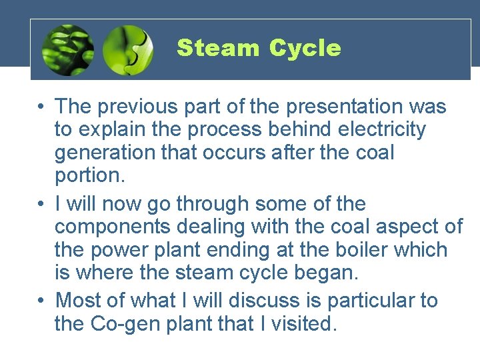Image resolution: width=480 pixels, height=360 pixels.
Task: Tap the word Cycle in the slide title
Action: coord(305,48)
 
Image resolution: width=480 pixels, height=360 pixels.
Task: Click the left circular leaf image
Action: coord(67,50)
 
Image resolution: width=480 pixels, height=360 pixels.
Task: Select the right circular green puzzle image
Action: coord(128,50)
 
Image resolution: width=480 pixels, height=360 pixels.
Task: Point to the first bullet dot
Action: coord(41,107)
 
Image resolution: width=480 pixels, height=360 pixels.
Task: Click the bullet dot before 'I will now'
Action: coord(41,204)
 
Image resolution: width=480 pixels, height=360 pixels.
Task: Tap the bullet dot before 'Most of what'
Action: coord(41,301)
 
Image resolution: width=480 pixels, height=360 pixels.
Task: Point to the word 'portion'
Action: coord(83,175)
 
